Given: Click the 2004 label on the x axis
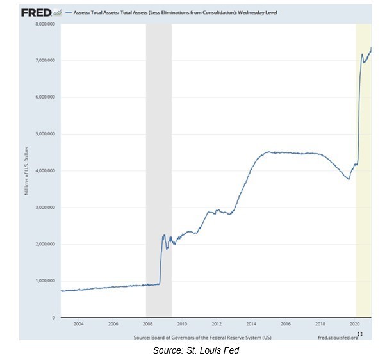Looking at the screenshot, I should pyautogui.click(x=78, y=324).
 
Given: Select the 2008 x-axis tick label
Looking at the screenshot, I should pyautogui.click(x=147, y=324).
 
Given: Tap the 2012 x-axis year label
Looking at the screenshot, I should pyautogui.click(x=217, y=324).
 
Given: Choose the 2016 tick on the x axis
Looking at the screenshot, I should pyautogui.click(x=286, y=324).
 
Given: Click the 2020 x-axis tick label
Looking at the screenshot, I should pyautogui.click(x=355, y=324).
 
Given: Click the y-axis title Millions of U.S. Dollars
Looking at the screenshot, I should pyautogui.click(x=27, y=171).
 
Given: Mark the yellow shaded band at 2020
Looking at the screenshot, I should pyautogui.click(x=364, y=192).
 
